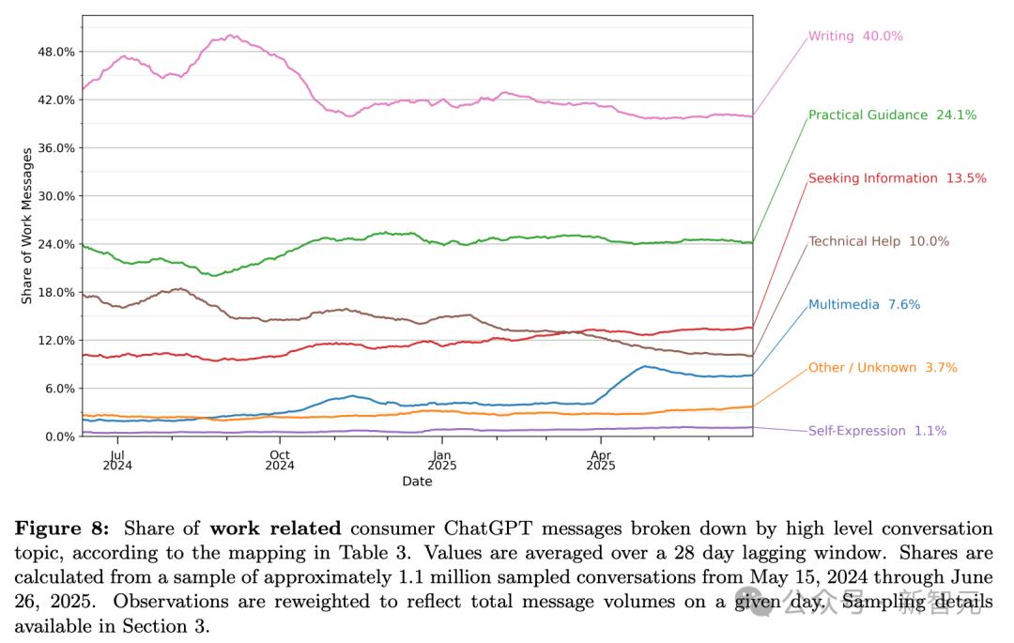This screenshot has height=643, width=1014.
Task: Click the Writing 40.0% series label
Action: tap(855, 37)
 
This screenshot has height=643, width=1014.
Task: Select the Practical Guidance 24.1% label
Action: tap(892, 115)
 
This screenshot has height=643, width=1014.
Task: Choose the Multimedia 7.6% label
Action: tap(864, 305)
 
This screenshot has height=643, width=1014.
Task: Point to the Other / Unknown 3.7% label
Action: tap(883, 368)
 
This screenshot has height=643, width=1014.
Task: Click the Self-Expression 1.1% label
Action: tap(877, 431)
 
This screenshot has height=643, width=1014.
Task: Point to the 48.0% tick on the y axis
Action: tap(55, 52)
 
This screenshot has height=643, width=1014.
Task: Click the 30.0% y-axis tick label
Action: tap(55, 196)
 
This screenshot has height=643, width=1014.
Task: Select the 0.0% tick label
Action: tap(58, 436)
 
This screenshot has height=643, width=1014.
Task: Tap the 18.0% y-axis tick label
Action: tap(55, 292)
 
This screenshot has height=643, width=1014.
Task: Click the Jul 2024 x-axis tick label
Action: tap(117, 458)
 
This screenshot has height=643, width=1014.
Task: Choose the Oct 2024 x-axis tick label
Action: tap(279, 458)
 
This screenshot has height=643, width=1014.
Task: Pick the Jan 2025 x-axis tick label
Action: tap(441, 458)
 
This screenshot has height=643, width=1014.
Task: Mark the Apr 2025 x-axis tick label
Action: tap(601, 458)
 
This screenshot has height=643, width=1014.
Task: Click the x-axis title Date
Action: tap(417, 482)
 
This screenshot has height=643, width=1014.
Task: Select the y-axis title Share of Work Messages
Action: tap(27, 225)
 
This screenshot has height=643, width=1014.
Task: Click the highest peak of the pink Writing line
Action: tap(230, 36)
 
